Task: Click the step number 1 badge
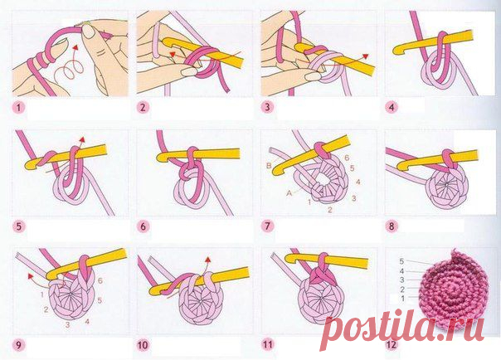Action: pos(18,107)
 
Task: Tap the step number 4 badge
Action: pos(392,107)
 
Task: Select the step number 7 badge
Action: pos(267,226)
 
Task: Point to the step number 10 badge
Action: pos(143,345)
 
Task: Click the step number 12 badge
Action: pos(392,345)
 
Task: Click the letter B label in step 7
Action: pos(269,165)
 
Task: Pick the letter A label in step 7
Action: pos(289,193)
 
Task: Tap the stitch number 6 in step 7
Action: pos(347,158)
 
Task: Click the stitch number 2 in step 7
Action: pos(330,210)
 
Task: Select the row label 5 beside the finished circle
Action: pos(401,261)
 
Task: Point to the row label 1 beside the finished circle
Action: pos(402,299)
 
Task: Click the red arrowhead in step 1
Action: pos(75,48)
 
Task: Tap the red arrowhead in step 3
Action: pos(366,56)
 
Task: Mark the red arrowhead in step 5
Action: pos(82,139)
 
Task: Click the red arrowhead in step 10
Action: pos(208,260)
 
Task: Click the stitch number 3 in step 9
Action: pos(67,324)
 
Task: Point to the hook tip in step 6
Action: pos(161,157)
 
